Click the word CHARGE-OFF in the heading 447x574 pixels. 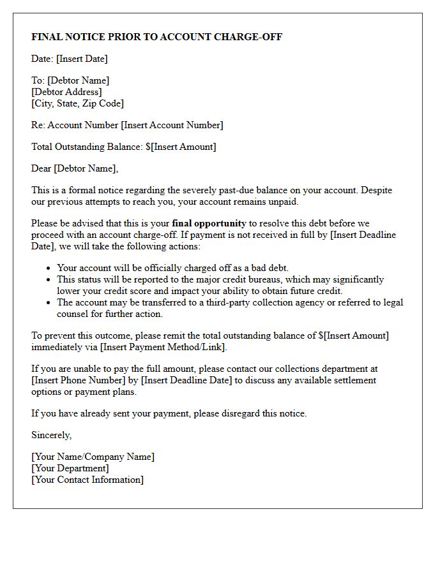[252, 37]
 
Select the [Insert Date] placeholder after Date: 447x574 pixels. [82, 59]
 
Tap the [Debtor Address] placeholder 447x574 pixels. [66, 92]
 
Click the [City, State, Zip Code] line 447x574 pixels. [77, 103]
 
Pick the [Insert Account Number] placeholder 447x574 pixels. [172, 125]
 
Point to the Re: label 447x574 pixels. [38, 125]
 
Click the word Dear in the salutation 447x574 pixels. [42, 168]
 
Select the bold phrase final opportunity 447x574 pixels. [209, 223]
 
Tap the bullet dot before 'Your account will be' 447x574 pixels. [50, 269]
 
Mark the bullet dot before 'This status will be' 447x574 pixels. [50, 280]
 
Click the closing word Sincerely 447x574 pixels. [51, 435]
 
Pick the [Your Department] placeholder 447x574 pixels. [70, 468]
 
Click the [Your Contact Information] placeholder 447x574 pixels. [87, 480]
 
